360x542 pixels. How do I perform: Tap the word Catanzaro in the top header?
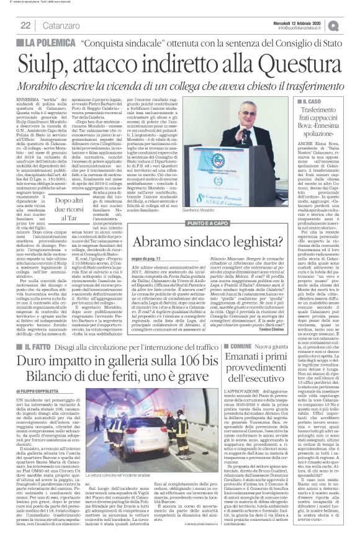(x=59, y=24)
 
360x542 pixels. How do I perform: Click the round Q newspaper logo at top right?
(x=349, y=24)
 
